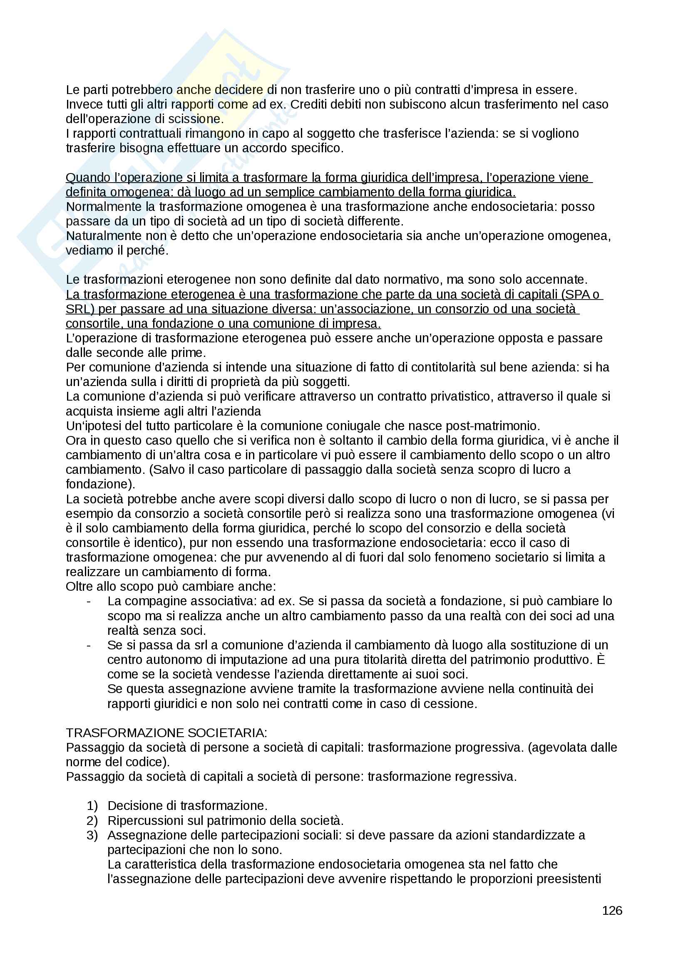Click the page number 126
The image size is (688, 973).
pos(612,910)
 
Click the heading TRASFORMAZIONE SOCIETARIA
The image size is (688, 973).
pos(166,733)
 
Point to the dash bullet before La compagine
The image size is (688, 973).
pos(89,602)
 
